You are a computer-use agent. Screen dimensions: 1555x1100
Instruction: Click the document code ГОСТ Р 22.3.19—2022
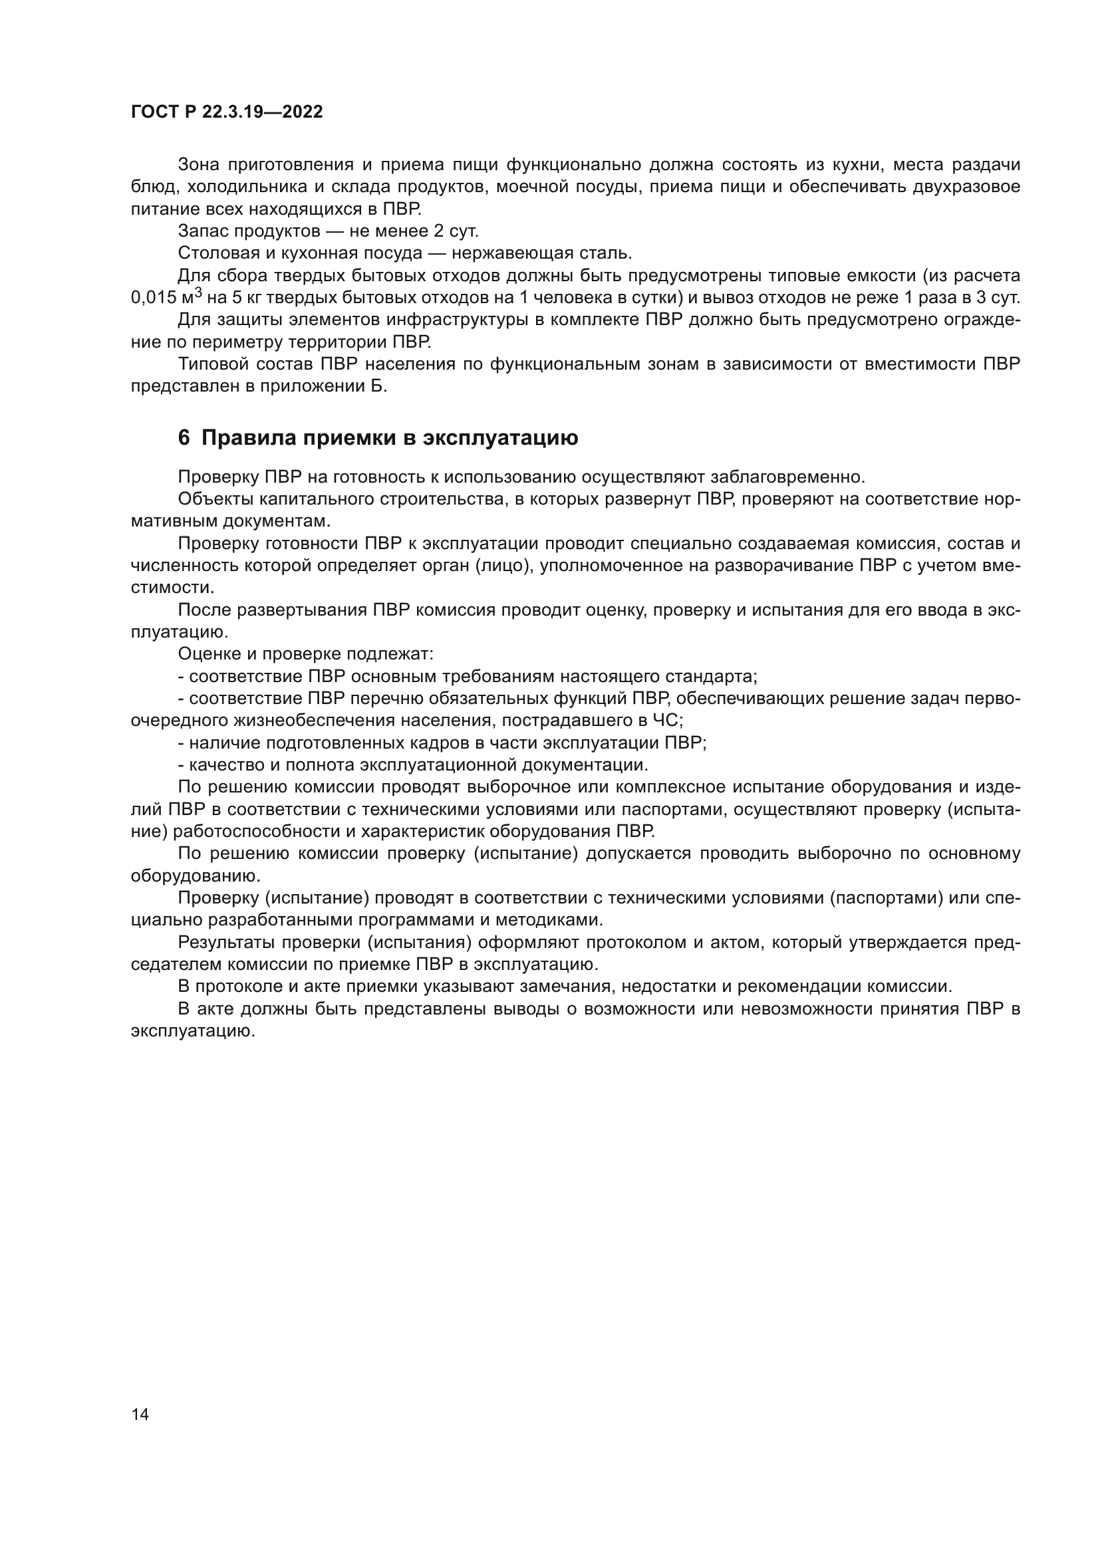tap(226, 112)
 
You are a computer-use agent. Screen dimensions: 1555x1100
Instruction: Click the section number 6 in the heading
tap(184, 438)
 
